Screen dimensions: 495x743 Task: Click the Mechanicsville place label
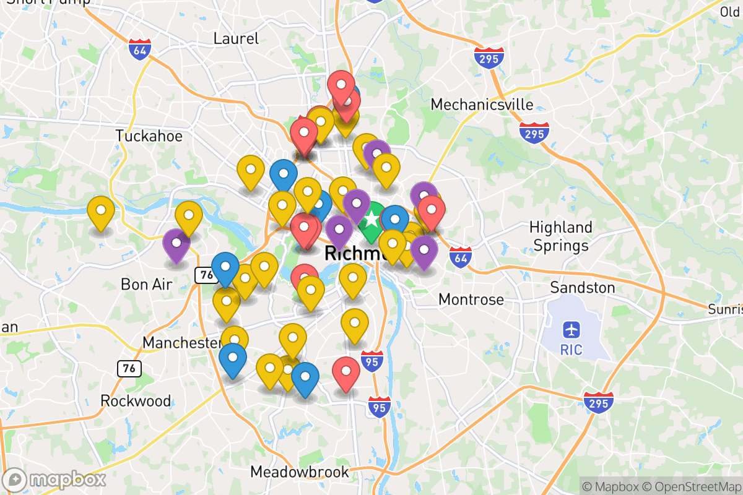(482, 104)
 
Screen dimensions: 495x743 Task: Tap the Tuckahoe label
(149, 136)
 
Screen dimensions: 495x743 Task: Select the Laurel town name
(236, 38)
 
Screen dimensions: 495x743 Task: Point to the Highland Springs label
(561, 236)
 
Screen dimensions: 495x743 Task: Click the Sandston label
(583, 288)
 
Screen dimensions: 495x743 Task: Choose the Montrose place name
(471, 299)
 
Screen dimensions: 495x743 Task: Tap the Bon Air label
(147, 284)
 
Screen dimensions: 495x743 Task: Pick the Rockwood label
(136, 401)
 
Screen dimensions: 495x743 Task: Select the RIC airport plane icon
(571, 329)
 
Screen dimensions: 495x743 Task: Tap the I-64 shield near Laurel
(139, 49)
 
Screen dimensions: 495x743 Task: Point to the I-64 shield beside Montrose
(461, 256)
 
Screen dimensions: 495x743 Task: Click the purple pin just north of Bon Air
(176, 243)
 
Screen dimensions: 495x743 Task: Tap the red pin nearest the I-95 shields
(346, 371)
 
